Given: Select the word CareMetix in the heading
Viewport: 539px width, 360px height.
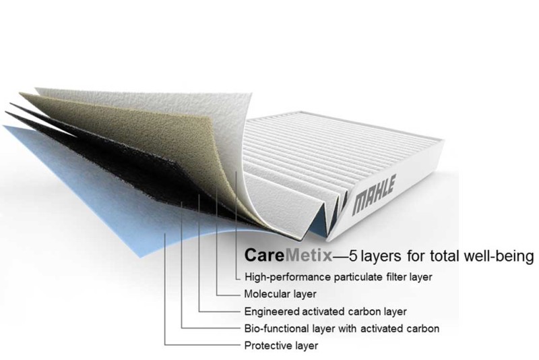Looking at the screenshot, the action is [x=288, y=256].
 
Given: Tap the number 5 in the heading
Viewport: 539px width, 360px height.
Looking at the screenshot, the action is [x=353, y=256].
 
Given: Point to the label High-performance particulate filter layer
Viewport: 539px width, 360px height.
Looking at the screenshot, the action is [x=338, y=277].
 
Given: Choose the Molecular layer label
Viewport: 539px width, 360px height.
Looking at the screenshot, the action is [x=280, y=294].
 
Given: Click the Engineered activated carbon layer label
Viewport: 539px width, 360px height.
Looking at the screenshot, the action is [x=325, y=311].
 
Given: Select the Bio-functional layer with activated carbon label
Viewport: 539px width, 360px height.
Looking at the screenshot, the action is [x=342, y=328].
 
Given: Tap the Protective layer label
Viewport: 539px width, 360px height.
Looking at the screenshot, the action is [x=281, y=346].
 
